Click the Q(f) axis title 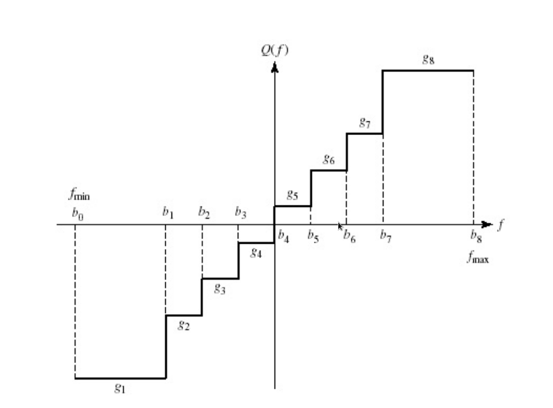(x=275, y=50)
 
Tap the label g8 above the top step (x=428, y=59)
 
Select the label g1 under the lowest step (x=120, y=388)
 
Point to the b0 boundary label (x=77, y=214)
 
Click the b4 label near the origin (x=283, y=236)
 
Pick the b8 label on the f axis (x=476, y=236)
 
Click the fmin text (x=80, y=195)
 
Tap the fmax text (x=478, y=259)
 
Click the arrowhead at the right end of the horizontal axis (x=486, y=224)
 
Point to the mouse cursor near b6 (x=340, y=226)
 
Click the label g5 (x=292, y=195)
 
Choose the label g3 (x=219, y=288)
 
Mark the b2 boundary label (x=204, y=212)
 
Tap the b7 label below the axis (x=386, y=236)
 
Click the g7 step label (x=365, y=123)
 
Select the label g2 (x=184, y=326)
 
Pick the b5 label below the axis (x=313, y=236)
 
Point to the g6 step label (x=328, y=159)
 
